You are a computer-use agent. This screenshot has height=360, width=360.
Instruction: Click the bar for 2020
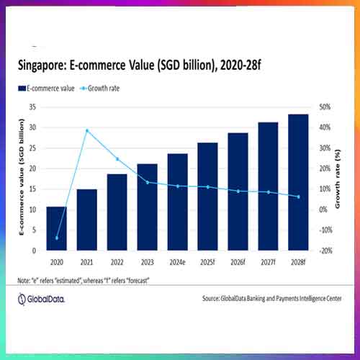click(x=57, y=229)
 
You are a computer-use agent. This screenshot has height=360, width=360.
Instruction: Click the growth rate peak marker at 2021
click(x=87, y=130)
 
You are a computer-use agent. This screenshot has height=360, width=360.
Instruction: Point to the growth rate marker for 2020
click(x=57, y=238)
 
